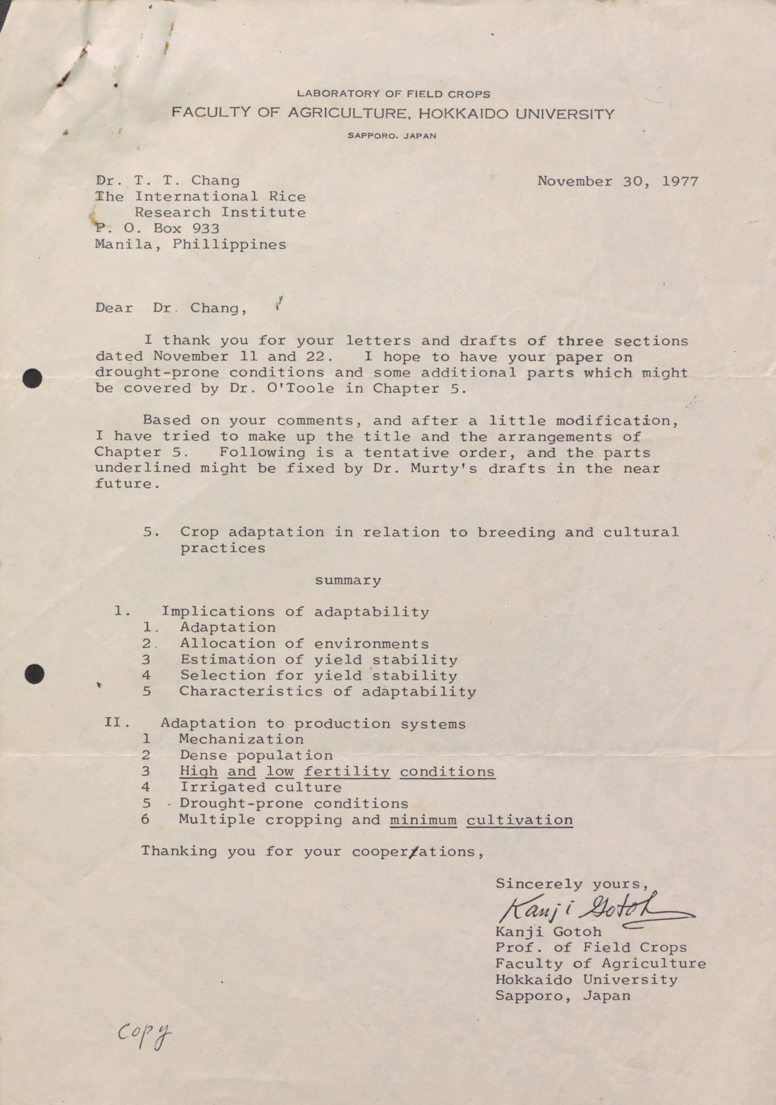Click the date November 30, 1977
click(617, 181)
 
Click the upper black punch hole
click(32, 378)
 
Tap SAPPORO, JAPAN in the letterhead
click(392, 136)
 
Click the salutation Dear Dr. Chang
click(171, 308)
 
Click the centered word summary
click(348, 580)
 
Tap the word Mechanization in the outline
click(241, 739)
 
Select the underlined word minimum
click(423, 819)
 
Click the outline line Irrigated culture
click(260, 787)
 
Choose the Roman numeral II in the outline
click(116, 723)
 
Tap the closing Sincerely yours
click(572, 884)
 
